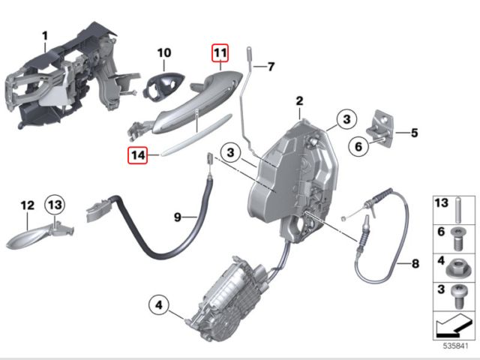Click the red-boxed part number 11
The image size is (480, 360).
click(x=218, y=53)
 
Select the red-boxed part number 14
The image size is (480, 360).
click(x=136, y=155)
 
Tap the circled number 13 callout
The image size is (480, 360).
click(x=55, y=204)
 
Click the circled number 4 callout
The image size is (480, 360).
click(x=159, y=305)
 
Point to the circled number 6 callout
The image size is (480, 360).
click(x=359, y=148)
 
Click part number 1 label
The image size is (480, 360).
click(x=44, y=35)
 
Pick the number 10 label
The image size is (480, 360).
click(x=164, y=53)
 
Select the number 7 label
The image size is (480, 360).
click(x=272, y=66)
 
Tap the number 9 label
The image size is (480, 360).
click(x=178, y=217)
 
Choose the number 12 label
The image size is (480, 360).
click(x=27, y=204)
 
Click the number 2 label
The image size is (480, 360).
click(x=299, y=100)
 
